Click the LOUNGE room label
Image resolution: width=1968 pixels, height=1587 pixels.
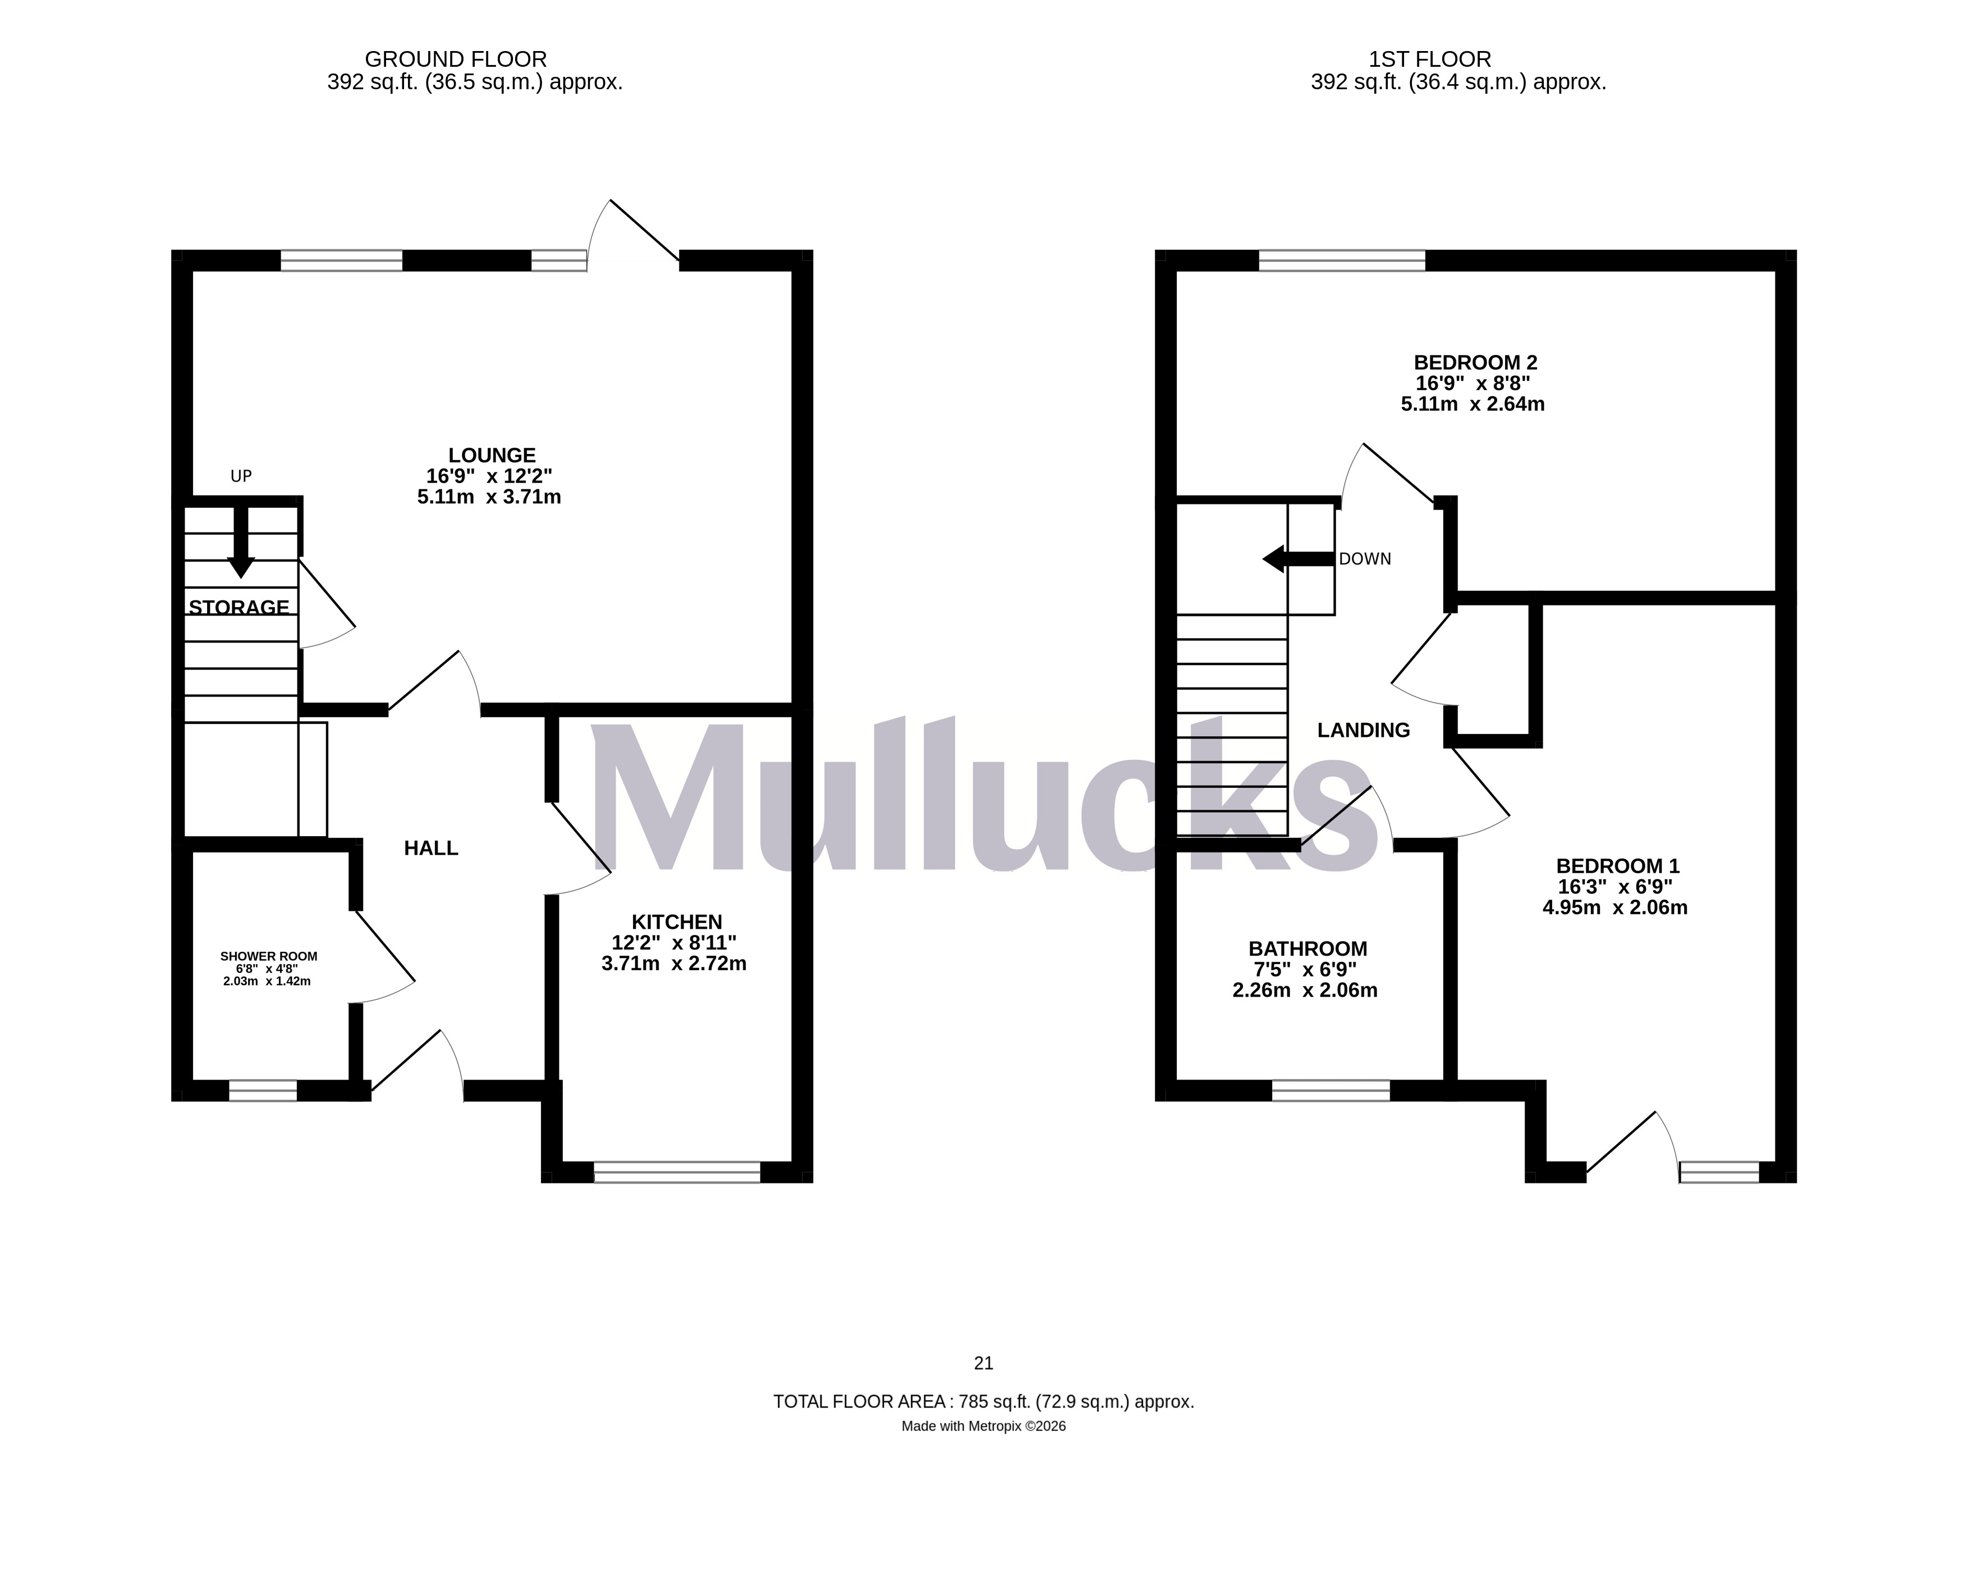point(491,455)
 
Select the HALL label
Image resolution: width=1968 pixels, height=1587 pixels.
point(430,848)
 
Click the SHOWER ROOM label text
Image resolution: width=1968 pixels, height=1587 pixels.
point(269,956)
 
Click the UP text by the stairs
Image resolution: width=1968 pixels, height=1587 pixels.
point(240,476)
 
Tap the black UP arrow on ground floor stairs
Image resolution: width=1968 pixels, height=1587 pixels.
point(240,544)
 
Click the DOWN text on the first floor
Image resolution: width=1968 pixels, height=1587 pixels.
point(1365,558)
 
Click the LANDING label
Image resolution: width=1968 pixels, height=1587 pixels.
point(1363,730)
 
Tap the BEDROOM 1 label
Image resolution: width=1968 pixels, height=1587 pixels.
point(1617,866)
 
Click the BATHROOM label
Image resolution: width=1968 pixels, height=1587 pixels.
point(1307,949)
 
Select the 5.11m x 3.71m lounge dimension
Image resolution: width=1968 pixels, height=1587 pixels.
point(489,497)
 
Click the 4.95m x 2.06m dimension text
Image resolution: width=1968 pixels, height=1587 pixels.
point(1614,908)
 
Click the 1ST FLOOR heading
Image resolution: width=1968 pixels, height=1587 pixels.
point(1430,59)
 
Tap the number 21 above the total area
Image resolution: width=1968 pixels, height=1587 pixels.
point(984,1363)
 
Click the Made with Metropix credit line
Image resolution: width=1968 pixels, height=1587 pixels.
point(984,1426)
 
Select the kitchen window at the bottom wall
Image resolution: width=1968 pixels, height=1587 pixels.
point(676,1172)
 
